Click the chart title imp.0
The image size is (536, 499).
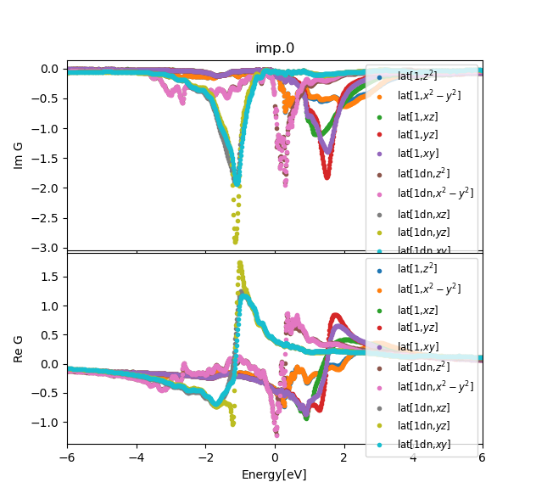point(275,48)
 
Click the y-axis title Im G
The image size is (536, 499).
point(19,155)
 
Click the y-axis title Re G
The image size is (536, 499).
point(19,348)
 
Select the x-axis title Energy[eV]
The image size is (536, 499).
point(274,474)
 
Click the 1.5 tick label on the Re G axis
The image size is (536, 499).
point(50,277)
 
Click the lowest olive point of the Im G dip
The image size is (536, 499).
point(235,241)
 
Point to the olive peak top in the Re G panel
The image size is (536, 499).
point(239,263)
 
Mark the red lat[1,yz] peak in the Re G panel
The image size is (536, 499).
point(336,315)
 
